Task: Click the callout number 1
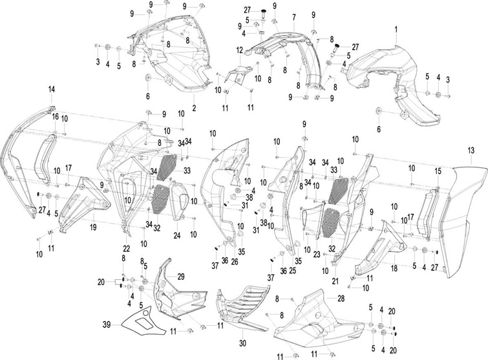tap(396, 30)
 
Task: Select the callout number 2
tap(194, 108)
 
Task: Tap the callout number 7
tap(294, 17)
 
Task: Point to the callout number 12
tap(239, 50)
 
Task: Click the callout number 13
tap(471, 151)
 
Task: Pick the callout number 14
tap(51, 89)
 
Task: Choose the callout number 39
tap(107, 325)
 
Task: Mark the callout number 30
tap(242, 343)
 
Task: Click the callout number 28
tap(341, 299)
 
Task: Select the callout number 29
tap(181, 276)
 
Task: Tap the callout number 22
tap(126, 249)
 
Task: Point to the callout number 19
tap(93, 228)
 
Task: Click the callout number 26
tap(235, 262)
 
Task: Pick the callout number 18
tap(394, 268)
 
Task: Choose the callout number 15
tap(438, 171)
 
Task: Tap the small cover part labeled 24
tap(178, 201)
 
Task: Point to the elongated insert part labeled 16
tap(43, 160)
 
